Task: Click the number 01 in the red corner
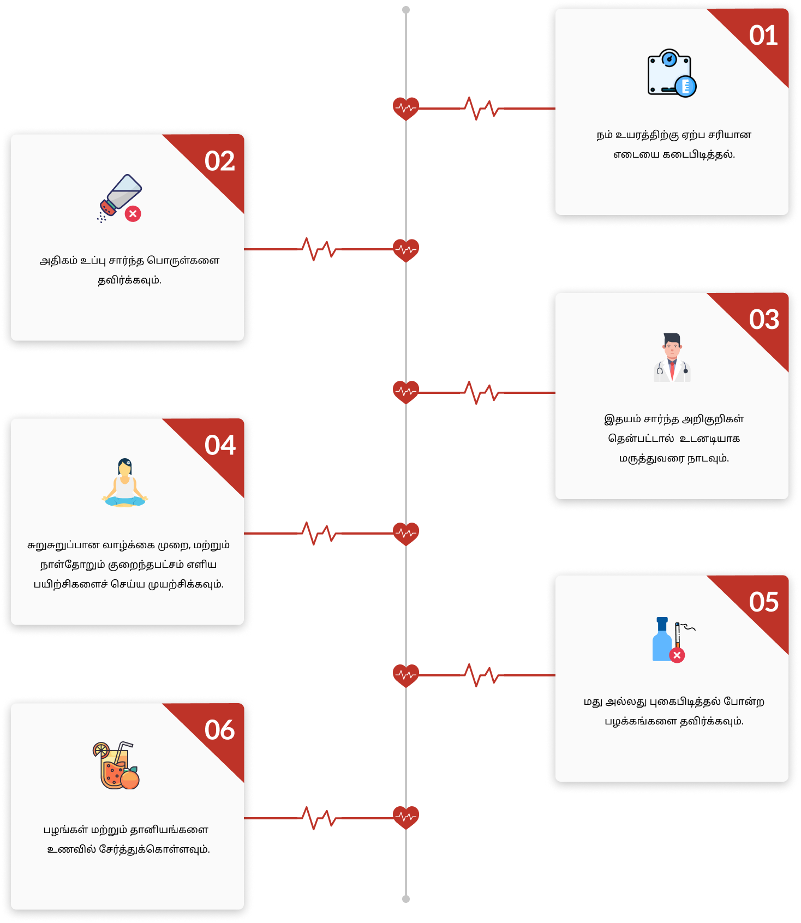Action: tap(763, 35)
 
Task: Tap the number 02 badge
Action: tap(219, 161)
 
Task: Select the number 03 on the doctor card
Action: tap(764, 320)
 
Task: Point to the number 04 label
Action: tap(220, 445)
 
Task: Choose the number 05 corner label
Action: tap(764, 602)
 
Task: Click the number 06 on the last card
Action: tap(219, 730)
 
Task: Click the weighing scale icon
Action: tap(672, 74)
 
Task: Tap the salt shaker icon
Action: tap(119, 198)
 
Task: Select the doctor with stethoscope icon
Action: tap(672, 357)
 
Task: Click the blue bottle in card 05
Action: tap(662, 639)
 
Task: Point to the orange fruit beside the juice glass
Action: tap(130, 778)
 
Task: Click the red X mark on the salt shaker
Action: tap(133, 214)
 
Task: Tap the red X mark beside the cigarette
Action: tap(677, 655)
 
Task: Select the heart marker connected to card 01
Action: tap(406, 109)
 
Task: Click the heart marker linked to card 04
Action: tap(406, 534)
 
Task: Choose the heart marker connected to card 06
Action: tap(406, 817)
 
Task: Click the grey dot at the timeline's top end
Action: tap(406, 10)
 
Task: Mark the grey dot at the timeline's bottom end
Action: tap(406, 899)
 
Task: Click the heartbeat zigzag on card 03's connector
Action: tap(481, 392)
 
